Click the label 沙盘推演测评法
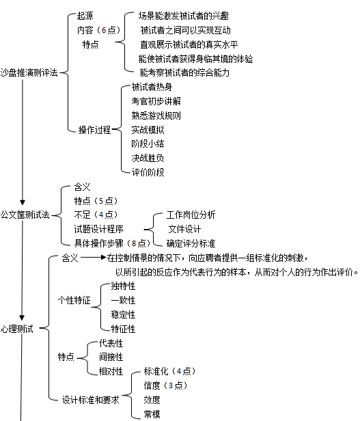point(29,72)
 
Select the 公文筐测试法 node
point(25,215)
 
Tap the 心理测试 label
point(17,329)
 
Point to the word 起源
point(85,16)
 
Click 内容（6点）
point(98,30)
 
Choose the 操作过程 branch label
point(94,130)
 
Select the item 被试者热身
point(152,87)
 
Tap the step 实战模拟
point(148,130)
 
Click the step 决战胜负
point(148,158)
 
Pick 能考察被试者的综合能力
point(184,72)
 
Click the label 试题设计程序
point(98,229)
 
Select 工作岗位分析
point(191,215)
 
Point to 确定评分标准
point(191,243)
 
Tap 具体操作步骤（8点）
point(112,243)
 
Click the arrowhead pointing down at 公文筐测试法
point(23,202)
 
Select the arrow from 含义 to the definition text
point(94,258)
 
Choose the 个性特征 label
point(74,300)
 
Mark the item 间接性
point(111,357)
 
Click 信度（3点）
point(165,386)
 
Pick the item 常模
point(152,414)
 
